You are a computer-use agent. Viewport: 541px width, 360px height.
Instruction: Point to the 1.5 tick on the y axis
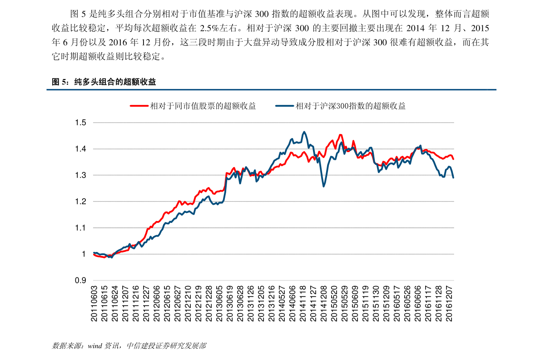click(80, 123)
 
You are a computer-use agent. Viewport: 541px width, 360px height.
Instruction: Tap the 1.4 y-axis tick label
click(80, 149)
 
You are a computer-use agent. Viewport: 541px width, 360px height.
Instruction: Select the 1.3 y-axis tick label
click(80, 175)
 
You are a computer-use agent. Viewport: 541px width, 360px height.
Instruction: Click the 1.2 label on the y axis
click(80, 202)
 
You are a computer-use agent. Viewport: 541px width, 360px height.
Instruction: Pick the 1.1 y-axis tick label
click(80, 228)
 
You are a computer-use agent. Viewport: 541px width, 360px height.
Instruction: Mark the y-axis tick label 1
click(84, 254)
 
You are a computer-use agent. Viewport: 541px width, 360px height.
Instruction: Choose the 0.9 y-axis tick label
click(80, 281)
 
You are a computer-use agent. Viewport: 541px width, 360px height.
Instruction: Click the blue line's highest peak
click(304, 132)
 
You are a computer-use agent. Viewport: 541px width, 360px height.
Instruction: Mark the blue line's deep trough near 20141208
click(323, 186)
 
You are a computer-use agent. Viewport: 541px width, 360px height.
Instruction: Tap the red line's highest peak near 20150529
click(341, 135)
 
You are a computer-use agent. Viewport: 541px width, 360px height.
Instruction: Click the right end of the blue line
click(453, 178)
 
